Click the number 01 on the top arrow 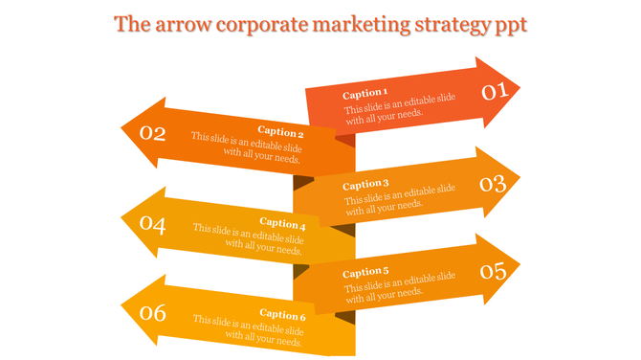point(493,92)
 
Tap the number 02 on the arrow point(153,133)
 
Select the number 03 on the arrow point(493,182)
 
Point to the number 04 point(153,225)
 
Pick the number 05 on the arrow point(493,271)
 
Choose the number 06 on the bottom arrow point(153,312)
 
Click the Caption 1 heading point(365,94)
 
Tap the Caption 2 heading point(281,132)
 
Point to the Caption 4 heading point(281,223)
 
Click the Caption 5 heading point(365,272)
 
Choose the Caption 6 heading point(281,314)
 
